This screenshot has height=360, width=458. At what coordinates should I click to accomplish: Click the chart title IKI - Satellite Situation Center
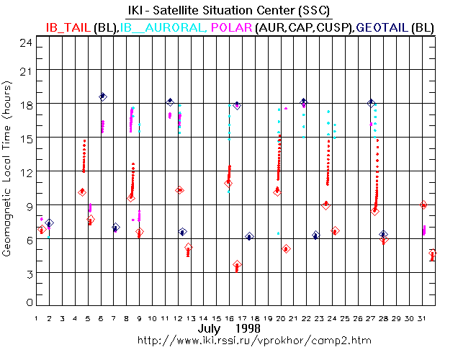click(228, 10)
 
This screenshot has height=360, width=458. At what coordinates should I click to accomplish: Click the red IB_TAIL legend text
click(68, 27)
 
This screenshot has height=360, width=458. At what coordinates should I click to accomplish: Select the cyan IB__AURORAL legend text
click(163, 27)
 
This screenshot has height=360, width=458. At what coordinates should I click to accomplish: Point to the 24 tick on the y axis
click(26, 42)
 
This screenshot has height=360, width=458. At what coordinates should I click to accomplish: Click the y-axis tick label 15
click(26, 138)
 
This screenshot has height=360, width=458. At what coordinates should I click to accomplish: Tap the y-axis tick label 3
click(28, 274)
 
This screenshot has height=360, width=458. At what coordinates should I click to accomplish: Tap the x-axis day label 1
click(36, 317)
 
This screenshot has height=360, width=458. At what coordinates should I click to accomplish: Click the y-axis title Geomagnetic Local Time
click(8, 173)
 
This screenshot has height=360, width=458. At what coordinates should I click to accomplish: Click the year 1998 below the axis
click(248, 328)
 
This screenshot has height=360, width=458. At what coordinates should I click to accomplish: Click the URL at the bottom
click(229, 339)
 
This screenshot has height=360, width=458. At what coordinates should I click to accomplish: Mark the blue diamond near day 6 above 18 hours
click(103, 96)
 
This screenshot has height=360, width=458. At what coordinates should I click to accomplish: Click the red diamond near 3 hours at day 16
click(237, 265)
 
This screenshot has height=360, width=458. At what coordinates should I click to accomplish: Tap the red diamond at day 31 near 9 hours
click(423, 205)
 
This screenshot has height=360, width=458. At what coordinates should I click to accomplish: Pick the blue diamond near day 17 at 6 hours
click(249, 236)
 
